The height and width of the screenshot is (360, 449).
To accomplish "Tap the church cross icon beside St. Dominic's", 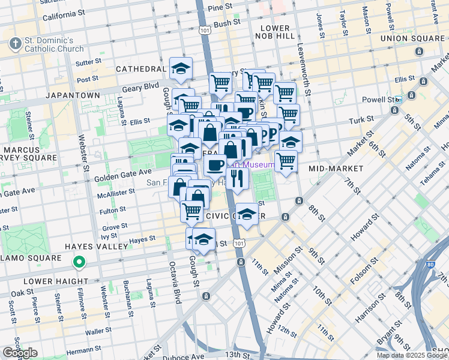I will (15, 44).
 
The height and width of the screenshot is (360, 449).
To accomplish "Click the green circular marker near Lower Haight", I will (79, 262).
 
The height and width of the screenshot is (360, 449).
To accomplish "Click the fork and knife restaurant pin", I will (237, 179).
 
